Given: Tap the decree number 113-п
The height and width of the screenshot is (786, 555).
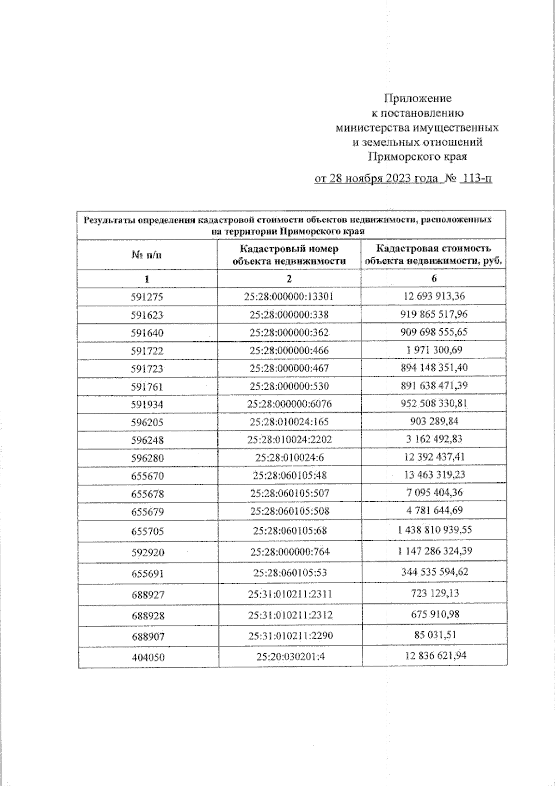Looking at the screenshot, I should [x=476, y=178].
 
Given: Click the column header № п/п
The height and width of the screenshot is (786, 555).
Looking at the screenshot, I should [x=147, y=255].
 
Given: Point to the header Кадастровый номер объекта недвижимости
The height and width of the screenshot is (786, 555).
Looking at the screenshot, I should [x=289, y=255].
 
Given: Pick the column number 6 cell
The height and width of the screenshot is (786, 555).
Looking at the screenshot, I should [x=434, y=278].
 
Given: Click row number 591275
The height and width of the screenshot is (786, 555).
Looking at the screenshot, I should [x=147, y=297].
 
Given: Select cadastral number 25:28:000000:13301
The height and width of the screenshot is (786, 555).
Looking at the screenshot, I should [x=289, y=297].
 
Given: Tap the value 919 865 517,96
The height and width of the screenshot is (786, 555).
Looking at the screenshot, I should [x=434, y=314].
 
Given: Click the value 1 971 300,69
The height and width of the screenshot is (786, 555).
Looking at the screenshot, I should [x=434, y=350].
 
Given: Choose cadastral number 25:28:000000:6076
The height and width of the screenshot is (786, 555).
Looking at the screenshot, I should [x=289, y=404].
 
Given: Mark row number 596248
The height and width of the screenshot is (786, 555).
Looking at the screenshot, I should [x=147, y=440].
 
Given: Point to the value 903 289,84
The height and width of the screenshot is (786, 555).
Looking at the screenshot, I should [x=434, y=421].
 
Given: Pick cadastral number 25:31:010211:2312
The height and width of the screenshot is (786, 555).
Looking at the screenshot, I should [x=290, y=615].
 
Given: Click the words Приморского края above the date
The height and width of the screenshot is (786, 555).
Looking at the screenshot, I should [x=417, y=157].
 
